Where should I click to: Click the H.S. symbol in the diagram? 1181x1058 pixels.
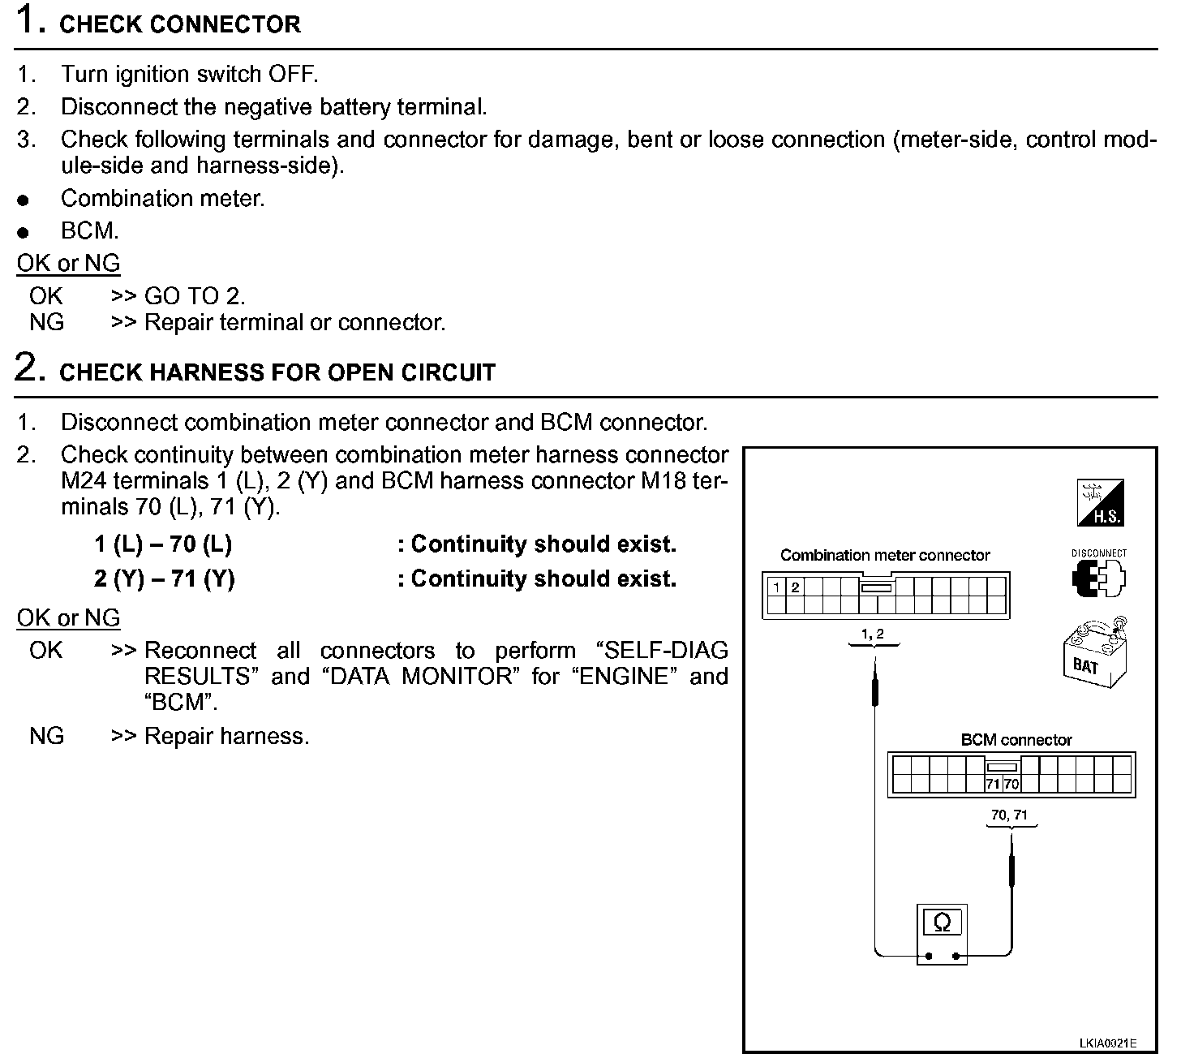point(1100,502)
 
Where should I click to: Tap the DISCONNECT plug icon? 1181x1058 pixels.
point(1099,578)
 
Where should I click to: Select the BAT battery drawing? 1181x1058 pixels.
point(1095,652)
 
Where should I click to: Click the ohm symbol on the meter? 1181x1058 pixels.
point(942,923)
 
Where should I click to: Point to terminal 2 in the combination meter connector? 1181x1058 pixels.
point(795,587)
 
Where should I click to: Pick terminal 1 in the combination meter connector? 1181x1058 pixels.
point(776,587)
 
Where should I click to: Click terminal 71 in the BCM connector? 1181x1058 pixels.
point(994,784)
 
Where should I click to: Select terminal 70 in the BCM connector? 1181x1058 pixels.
point(1011,784)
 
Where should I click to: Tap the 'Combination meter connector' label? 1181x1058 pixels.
point(885,555)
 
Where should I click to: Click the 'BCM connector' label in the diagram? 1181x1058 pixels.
point(1016,740)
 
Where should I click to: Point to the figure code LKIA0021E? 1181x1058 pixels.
point(1107,1043)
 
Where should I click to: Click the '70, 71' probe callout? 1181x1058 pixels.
point(1009,815)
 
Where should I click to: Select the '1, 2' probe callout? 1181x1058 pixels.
point(873,634)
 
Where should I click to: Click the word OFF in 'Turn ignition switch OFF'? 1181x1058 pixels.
point(293,74)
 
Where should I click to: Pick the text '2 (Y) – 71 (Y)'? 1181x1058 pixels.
point(165,578)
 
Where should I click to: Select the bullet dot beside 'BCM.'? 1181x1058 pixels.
point(23,233)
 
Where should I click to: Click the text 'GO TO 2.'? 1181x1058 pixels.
point(195,296)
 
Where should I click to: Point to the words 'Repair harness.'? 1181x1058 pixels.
point(227,735)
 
